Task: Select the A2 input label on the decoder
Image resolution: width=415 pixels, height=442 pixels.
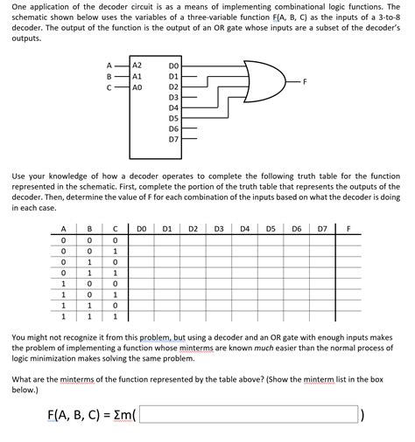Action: tap(137, 66)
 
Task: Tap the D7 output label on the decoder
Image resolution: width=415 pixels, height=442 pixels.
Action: tap(172, 139)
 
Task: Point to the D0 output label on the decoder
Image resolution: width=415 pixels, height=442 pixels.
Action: tap(172, 66)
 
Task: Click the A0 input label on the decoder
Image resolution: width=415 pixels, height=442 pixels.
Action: tap(137, 87)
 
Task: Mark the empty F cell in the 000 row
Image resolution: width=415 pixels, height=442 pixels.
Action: tap(348, 242)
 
